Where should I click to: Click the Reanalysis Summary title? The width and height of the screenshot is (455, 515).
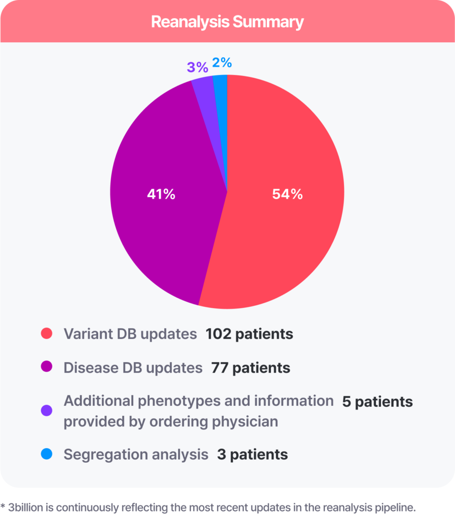click(x=227, y=22)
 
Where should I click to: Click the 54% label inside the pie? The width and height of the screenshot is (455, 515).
click(x=287, y=194)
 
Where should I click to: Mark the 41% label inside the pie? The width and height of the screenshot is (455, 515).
click(x=161, y=194)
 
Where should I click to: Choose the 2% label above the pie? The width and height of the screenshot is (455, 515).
click(x=222, y=63)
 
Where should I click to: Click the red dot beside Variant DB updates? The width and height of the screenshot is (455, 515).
click(x=47, y=334)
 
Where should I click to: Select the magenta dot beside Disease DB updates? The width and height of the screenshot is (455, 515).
click(x=47, y=368)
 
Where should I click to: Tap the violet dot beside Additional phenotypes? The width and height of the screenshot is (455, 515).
click(x=47, y=411)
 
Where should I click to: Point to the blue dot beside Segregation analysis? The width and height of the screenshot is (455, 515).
click(x=47, y=455)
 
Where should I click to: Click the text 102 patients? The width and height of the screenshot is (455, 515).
click(x=249, y=334)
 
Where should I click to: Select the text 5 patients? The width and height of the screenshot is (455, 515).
click(x=377, y=401)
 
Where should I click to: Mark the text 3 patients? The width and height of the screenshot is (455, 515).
click(x=252, y=455)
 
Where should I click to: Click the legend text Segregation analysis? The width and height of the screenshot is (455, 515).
click(x=136, y=455)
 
